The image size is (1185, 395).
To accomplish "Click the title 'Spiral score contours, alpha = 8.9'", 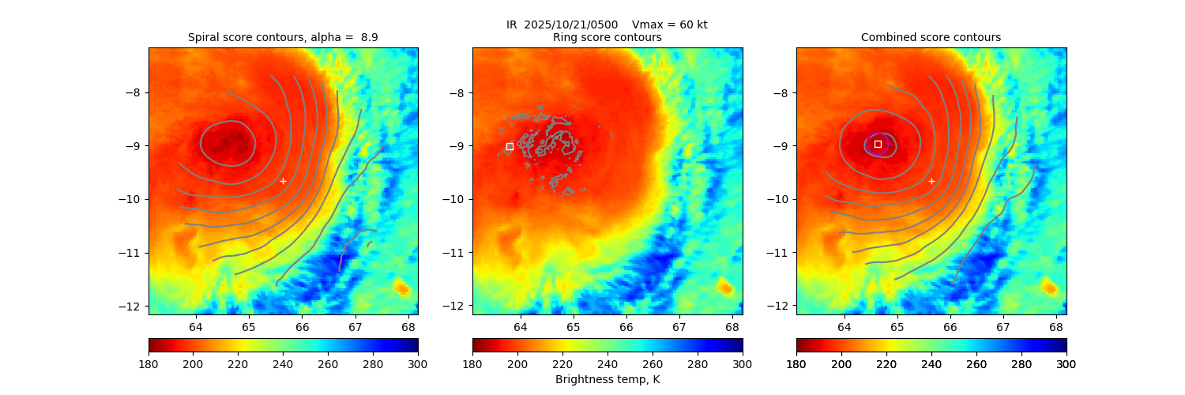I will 283,37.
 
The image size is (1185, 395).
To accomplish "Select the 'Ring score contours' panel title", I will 607,37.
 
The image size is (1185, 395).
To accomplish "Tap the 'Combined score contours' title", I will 931,37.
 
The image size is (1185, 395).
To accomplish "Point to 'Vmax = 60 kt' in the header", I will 670,24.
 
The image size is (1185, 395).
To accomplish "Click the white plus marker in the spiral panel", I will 283,181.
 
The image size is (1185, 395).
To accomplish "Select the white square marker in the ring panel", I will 510,146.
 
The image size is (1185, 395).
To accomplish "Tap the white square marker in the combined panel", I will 878,144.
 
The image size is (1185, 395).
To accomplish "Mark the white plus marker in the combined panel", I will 931,181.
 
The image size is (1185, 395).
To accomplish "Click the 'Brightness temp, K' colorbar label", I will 607,379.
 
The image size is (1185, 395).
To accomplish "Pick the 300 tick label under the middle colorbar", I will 742,363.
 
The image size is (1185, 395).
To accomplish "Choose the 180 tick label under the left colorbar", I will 149,363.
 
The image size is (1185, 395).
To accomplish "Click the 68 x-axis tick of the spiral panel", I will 408,326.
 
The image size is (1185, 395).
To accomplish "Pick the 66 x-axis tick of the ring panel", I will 626,326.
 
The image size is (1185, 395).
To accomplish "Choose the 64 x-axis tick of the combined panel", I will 844,326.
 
